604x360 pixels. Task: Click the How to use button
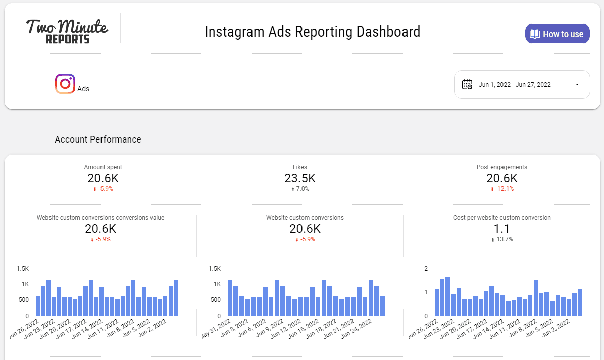557,34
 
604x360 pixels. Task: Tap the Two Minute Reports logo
67,31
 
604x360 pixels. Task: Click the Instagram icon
65,84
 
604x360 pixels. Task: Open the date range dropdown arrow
577,85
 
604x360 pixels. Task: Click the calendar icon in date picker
467,84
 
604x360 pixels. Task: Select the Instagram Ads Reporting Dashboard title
312,32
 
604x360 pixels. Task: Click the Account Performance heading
98,139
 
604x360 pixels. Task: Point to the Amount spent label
103,167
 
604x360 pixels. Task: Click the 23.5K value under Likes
300,178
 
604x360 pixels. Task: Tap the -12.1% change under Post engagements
504,189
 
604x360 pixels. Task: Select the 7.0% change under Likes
302,189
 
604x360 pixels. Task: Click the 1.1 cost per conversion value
501,229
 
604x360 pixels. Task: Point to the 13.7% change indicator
505,239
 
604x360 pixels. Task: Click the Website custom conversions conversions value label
100,218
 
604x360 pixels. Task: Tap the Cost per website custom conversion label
502,218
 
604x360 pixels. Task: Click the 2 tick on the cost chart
425,268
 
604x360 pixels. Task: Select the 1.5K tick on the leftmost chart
23,268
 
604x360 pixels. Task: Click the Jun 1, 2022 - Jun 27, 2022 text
515,85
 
